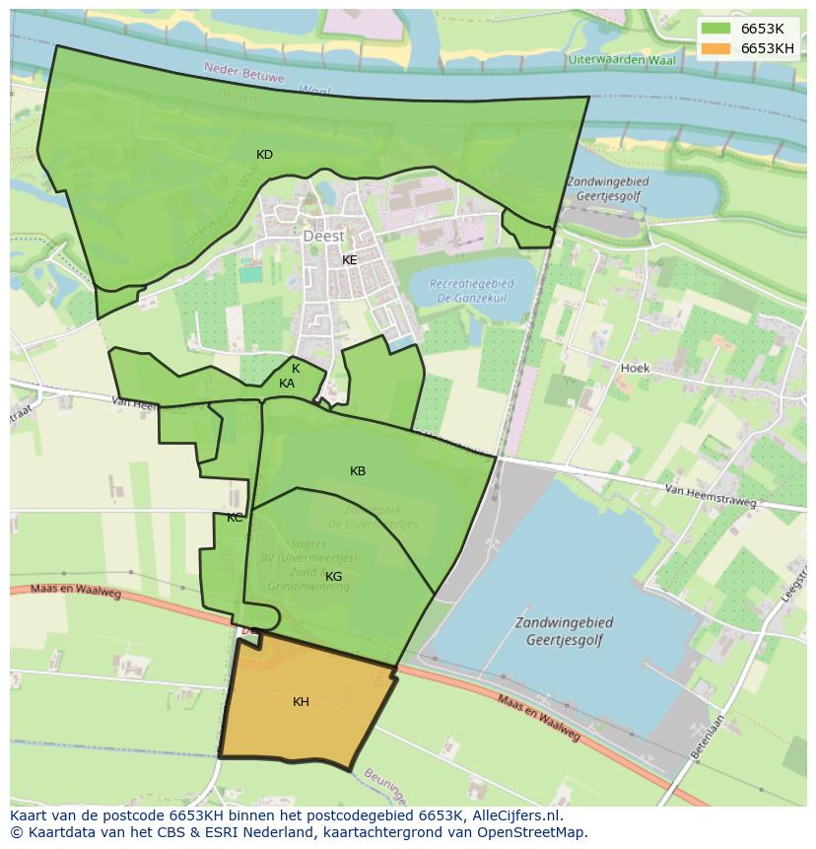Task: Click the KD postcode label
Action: (x=264, y=155)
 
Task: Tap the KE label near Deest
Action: (x=349, y=260)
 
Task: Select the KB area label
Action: (x=358, y=471)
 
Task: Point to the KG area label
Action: (x=334, y=577)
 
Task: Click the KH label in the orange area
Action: (x=301, y=702)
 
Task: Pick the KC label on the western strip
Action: (x=235, y=518)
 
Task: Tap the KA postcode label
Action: (x=287, y=384)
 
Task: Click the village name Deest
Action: (x=323, y=237)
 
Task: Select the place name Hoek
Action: (x=635, y=368)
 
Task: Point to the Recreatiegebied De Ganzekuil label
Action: (x=472, y=291)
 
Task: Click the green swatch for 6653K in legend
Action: (x=716, y=29)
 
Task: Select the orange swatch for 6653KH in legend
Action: (x=716, y=48)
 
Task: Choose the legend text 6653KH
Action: (x=768, y=48)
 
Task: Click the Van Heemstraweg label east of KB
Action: (x=710, y=495)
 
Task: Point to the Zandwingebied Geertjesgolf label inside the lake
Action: (x=564, y=630)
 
